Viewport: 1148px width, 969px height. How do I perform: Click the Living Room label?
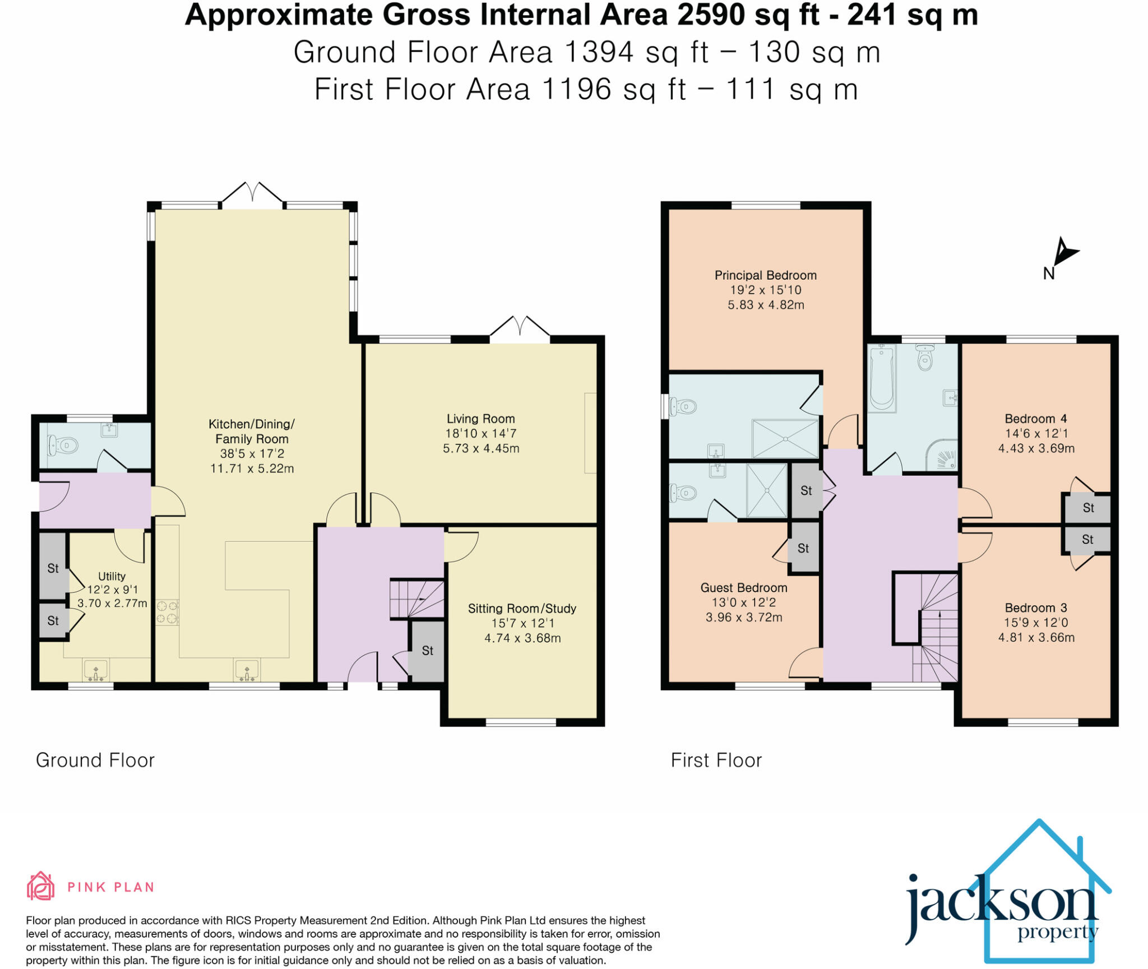pos(480,419)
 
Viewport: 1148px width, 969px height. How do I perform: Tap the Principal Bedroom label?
pos(765,275)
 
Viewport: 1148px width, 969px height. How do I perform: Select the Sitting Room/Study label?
pos(522,609)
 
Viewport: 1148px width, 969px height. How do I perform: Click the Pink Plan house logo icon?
pos(40,886)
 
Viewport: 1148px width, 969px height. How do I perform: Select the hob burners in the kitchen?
pos(167,612)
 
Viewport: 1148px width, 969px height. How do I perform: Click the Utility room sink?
pos(96,670)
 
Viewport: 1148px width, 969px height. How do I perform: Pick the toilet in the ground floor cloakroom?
pos(62,446)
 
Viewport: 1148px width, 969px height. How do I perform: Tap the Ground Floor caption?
pos(95,761)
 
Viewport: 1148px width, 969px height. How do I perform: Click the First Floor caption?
pos(716,761)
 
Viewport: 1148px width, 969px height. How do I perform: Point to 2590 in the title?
pos(711,15)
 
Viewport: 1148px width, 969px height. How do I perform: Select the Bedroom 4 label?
pos(1035,419)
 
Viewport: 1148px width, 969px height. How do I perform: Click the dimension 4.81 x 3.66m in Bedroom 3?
pos(1036,637)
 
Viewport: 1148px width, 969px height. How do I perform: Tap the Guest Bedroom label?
pos(743,588)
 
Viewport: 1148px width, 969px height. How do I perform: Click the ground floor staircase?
pos(417,599)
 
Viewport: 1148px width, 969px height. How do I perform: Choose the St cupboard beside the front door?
pos(427,651)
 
